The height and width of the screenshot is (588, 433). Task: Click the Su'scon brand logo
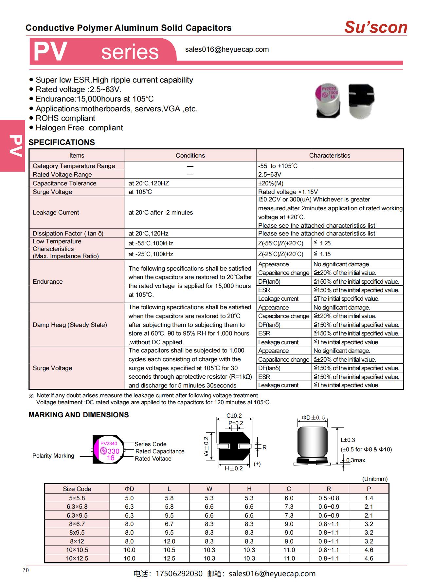coord(375,27)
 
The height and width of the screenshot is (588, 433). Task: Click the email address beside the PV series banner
coord(227,49)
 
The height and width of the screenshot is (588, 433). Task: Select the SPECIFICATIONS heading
coord(62,142)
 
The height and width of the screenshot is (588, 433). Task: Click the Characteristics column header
coord(329,156)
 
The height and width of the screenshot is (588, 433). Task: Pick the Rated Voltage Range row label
coord(62,175)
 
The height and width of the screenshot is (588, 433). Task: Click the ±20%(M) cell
coord(271,183)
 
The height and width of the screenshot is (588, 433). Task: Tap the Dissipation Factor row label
coord(68,234)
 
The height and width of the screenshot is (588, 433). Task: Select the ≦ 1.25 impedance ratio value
coord(322,243)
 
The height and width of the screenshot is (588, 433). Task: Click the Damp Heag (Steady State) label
coord(70,325)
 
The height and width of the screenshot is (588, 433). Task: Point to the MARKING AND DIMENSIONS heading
coord(79,415)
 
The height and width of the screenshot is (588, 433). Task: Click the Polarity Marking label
coord(53,456)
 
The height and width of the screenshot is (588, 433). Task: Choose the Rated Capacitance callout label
coord(160,451)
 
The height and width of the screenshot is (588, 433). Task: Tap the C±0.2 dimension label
coord(234,416)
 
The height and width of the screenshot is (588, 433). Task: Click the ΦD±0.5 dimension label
coord(313,418)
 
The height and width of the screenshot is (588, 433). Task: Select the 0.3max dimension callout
coord(355,460)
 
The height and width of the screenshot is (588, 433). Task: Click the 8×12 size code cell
coord(77,541)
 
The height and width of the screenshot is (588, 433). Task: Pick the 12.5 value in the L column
coord(169,559)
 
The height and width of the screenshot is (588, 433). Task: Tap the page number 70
coord(26,570)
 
